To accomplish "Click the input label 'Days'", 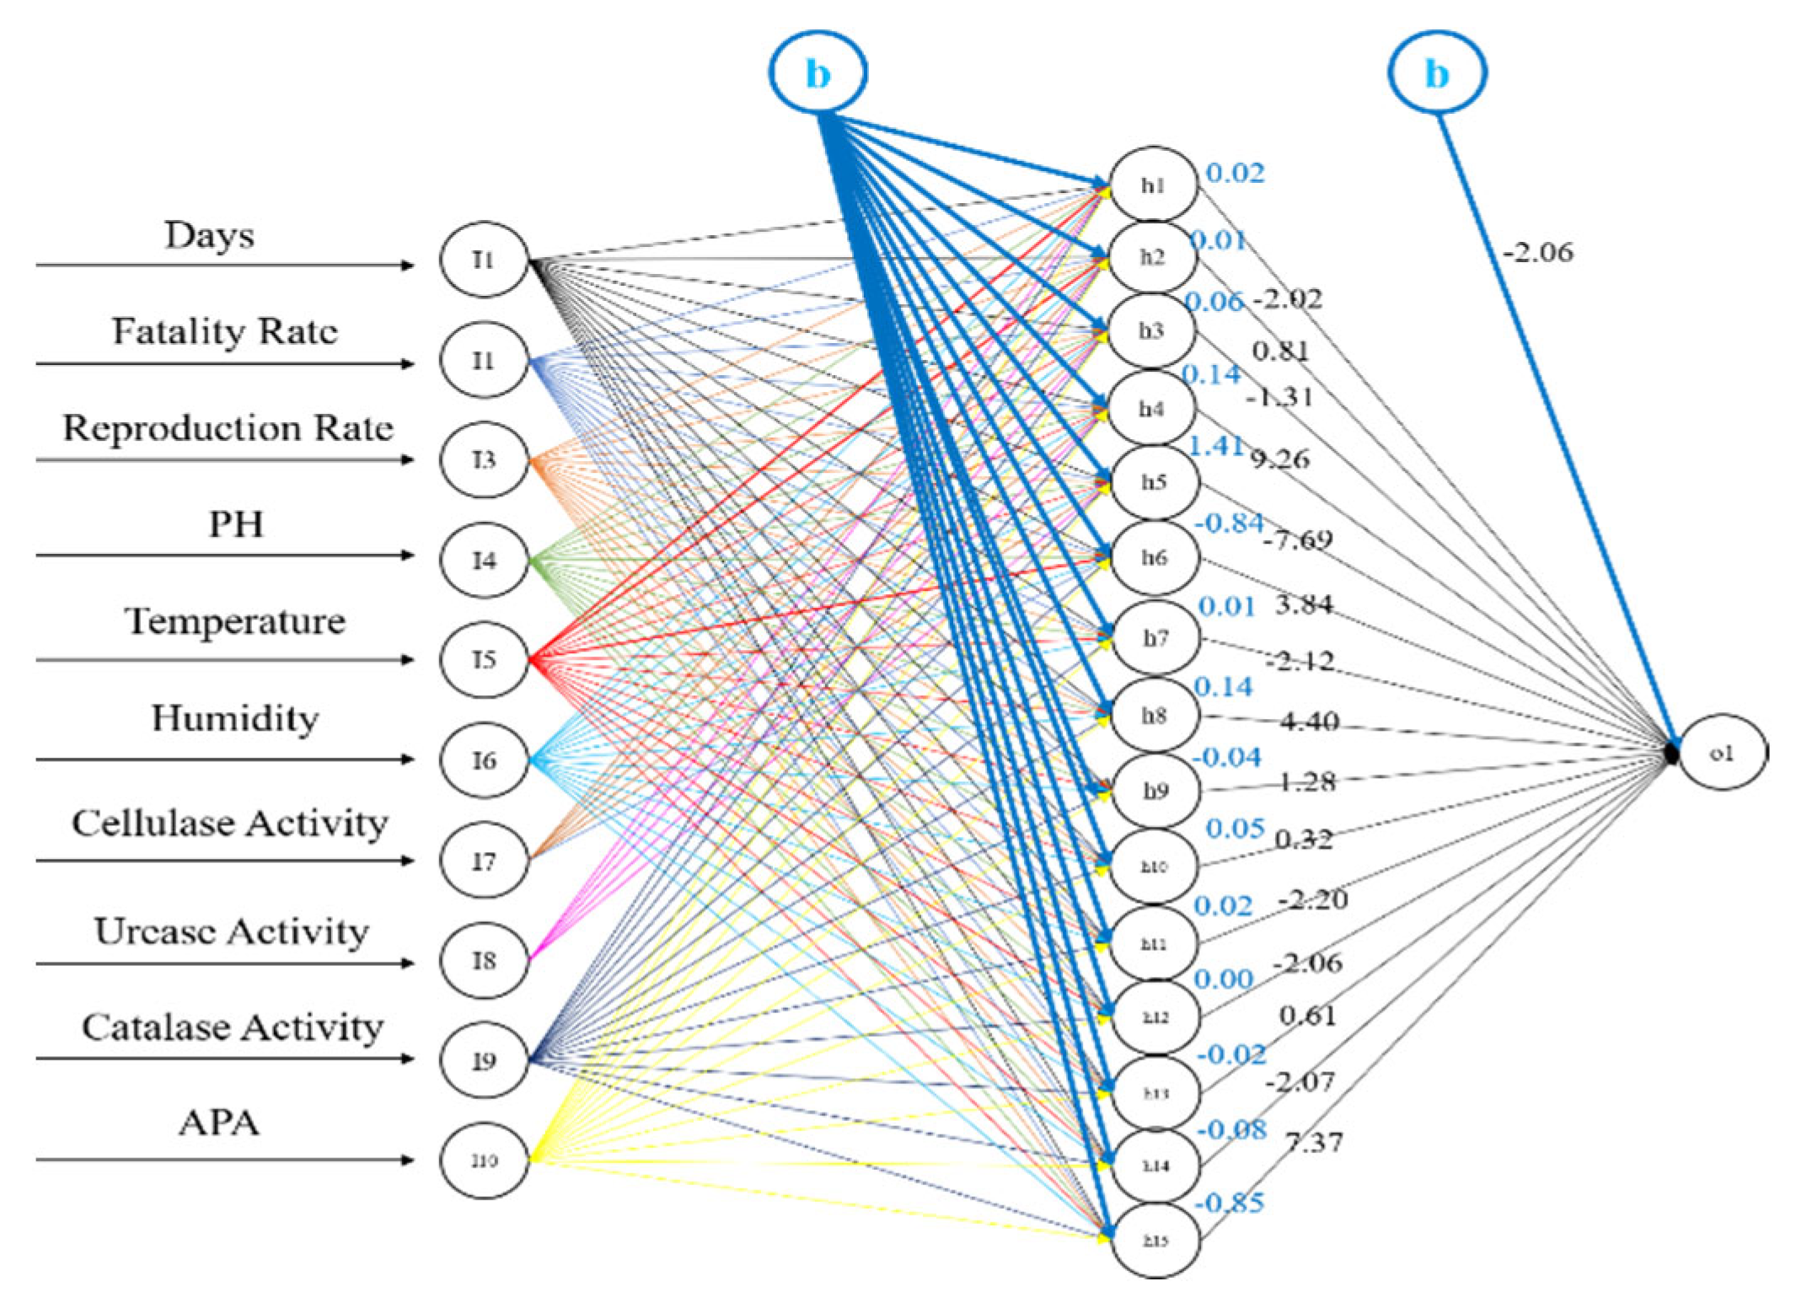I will [x=209, y=235].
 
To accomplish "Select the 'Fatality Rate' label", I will [x=225, y=331].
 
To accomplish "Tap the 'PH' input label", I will [x=236, y=524].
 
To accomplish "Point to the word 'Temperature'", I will [x=235, y=621].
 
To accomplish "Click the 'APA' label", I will [x=219, y=1123].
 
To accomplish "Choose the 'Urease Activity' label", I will [x=231, y=931].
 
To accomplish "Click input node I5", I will [x=484, y=659].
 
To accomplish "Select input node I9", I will [x=484, y=1060].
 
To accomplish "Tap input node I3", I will [x=484, y=459].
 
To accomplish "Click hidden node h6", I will [x=1154, y=557].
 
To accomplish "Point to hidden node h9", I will [x=1155, y=791].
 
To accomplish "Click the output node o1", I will [x=1722, y=752].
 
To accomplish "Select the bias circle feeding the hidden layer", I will [x=818, y=73].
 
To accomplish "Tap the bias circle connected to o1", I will [x=1437, y=73].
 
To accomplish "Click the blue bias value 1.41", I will [x=1214, y=445].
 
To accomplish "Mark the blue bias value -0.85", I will [x=1230, y=1203].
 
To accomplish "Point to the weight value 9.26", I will [x=1279, y=459].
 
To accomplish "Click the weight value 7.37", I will [x=1314, y=1142].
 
